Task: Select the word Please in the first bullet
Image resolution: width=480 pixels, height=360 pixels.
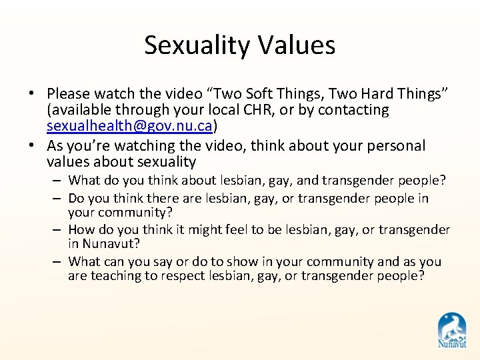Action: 69,94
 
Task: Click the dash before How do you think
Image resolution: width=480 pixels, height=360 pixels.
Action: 59,230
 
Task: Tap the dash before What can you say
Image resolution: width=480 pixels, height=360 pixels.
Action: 59,262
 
